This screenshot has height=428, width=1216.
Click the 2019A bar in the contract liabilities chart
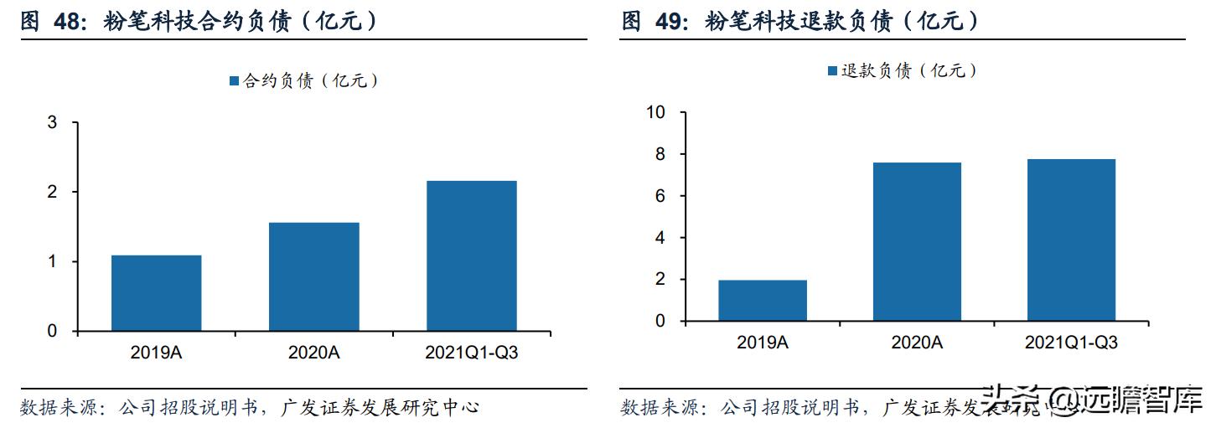(156, 293)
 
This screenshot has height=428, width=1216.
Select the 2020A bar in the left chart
(314, 276)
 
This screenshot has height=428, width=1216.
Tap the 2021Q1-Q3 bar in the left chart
(472, 255)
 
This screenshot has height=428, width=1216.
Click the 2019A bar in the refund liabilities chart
(763, 301)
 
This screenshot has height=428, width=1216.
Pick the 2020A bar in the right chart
(917, 241)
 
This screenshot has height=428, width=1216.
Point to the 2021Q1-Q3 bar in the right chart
(1071, 240)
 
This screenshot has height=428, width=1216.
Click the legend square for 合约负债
(234, 81)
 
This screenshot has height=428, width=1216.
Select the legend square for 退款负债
(832, 71)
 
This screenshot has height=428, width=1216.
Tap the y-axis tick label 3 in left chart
(52, 123)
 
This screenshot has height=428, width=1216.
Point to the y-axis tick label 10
(656, 113)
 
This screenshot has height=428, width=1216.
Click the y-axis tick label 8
(660, 155)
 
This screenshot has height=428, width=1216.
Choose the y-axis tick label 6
(660, 196)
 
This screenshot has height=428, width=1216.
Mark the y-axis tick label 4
(660, 238)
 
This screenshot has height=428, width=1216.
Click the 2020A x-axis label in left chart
(314, 353)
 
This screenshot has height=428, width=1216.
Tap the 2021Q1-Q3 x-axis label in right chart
(1071, 343)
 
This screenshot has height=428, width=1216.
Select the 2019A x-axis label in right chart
(763, 343)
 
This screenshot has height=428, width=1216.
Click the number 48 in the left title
(66, 23)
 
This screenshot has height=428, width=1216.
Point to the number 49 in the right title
(666, 22)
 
